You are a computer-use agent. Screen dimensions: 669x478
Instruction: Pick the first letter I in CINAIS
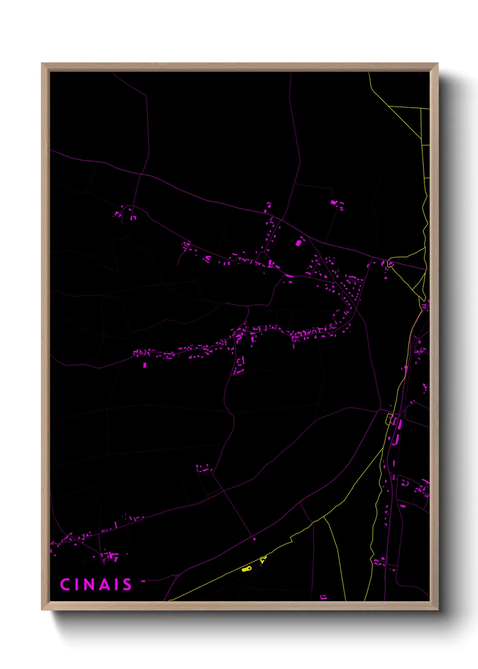(77, 584)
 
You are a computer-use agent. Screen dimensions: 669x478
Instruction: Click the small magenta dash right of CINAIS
(143, 581)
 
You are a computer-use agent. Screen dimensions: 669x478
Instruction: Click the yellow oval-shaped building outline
(246, 569)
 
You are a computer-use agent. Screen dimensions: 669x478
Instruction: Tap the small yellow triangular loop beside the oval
(263, 560)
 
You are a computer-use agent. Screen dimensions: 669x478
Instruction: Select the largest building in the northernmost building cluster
(334, 202)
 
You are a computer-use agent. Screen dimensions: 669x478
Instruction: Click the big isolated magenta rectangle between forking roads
(298, 243)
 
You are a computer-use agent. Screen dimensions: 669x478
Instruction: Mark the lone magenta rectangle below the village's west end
(145, 365)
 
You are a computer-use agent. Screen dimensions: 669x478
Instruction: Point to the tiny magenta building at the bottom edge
(323, 597)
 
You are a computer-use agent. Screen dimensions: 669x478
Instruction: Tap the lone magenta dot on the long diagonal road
(254, 539)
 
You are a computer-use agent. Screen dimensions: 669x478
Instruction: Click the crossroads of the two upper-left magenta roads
(141, 174)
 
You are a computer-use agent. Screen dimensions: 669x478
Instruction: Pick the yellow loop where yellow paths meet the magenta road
(391, 264)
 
